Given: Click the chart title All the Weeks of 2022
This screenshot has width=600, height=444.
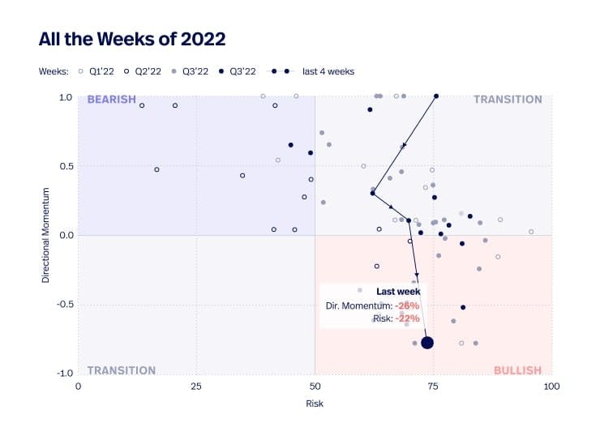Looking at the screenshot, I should click(132, 39).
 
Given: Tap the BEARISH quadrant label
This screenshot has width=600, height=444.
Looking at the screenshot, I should click(111, 100).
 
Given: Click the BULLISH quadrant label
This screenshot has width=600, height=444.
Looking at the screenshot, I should click(517, 370).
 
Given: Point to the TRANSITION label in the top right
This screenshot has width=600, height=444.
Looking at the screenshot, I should click(508, 100).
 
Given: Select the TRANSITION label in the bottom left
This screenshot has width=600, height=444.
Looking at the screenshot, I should click(121, 370).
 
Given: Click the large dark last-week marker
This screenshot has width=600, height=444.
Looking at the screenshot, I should click(427, 343).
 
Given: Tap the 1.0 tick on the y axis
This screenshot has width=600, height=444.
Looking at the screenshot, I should click(66, 97).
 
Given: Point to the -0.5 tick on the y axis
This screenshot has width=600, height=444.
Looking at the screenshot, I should click(64, 305).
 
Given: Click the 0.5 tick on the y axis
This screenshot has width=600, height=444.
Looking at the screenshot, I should click(66, 166).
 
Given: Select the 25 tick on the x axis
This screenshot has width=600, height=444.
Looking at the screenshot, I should click(195, 386).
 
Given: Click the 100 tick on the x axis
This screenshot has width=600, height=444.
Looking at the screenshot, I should click(551, 386).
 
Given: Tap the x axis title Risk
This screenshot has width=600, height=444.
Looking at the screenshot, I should click(315, 403).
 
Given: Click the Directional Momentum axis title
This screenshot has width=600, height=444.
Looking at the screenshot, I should click(46, 235).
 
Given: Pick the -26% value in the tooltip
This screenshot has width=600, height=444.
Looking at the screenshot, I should click(407, 305).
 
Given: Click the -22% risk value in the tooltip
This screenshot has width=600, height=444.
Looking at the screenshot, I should click(407, 318).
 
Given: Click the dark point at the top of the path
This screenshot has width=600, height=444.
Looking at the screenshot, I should click(436, 96).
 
